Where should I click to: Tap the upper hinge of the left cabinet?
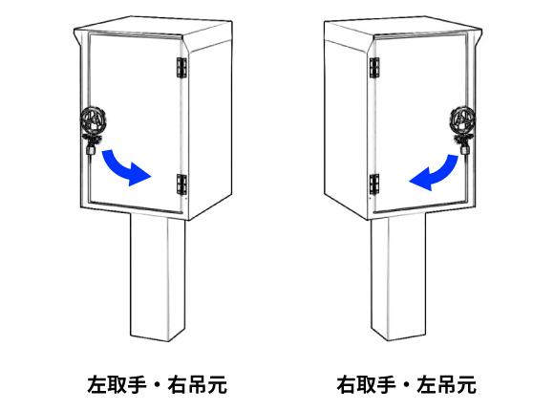pyautogui.click(x=181, y=68)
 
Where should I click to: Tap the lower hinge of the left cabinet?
pyautogui.click(x=181, y=184)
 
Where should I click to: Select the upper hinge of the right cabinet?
pyautogui.click(x=374, y=68)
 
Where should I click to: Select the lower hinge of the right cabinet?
pyautogui.click(x=374, y=184)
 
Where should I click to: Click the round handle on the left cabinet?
pyautogui.click(x=94, y=119)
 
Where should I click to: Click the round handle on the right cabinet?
pyautogui.click(x=463, y=119)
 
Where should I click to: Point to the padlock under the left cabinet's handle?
pyautogui.click(x=91, y=150)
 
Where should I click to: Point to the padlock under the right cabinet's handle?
pyautogui.click(x=465, y=150)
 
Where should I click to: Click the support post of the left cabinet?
pyautogui.click(x=158, y=277)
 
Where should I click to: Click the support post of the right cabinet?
pyautogui.click(x=398, y=277)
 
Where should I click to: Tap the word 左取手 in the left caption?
pyautogui.click(x=117, y=384)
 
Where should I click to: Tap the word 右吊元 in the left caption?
pyautogui.click(x=197, y=384)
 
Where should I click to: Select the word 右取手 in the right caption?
pyautogui.click(x=366, y=384)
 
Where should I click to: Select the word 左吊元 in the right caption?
pyautogui.click(x=447, y=384)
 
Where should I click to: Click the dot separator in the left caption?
pyautogui.click(x=158, y=385)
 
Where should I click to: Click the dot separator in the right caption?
pyautogui.click(x=406, y=385)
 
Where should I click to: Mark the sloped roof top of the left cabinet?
pyautogui.click(x=153, y=26)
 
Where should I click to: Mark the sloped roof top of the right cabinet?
pyautogui.click(x=403, y=26)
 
